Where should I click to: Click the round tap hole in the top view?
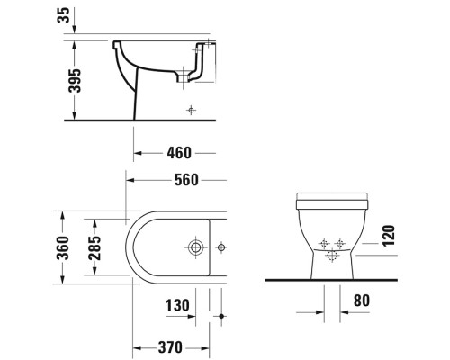tap(193, 246)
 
